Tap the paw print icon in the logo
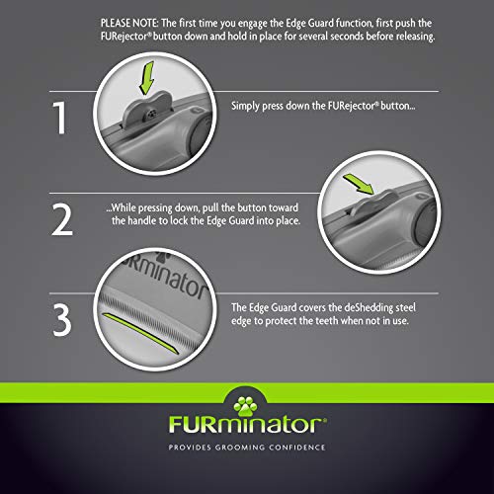246,399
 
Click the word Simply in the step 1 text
246,107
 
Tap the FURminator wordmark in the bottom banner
246,428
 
